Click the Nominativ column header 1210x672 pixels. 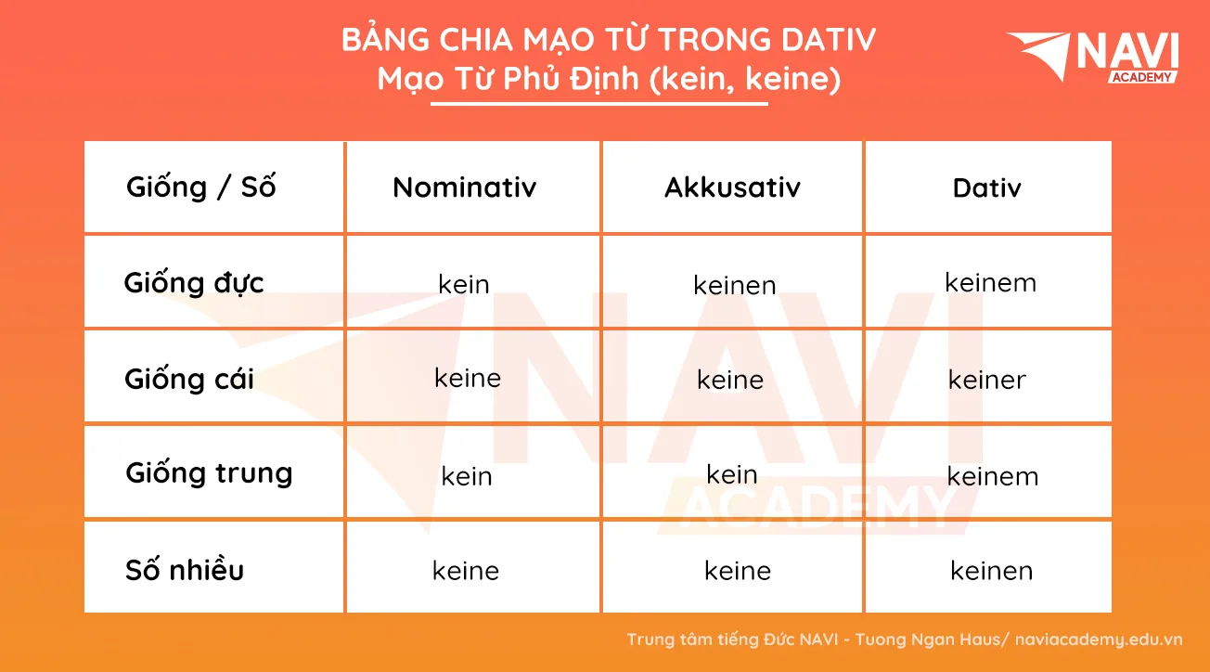point(465,187)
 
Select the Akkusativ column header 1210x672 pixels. point(732,187)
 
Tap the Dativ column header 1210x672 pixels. point(987,188)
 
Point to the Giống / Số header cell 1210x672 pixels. point(201,187)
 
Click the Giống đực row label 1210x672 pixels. point(194,283)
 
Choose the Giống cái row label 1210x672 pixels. point(189,378)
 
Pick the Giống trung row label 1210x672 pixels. point(209,473)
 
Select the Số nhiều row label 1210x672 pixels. point(185,570)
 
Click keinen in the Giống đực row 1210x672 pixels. point(735,285)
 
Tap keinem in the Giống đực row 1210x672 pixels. point(991,282)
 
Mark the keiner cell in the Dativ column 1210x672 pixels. point(987,380)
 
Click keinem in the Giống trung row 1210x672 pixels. point(993,476)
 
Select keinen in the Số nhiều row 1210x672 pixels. point(992,571)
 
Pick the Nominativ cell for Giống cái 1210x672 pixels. point(468,378)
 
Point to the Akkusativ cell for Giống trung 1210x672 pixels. point(732,474)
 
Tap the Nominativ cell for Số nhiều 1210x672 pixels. point(466,571)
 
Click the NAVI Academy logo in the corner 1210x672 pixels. point(1092,58)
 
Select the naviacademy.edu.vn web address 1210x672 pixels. point(1099,640)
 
